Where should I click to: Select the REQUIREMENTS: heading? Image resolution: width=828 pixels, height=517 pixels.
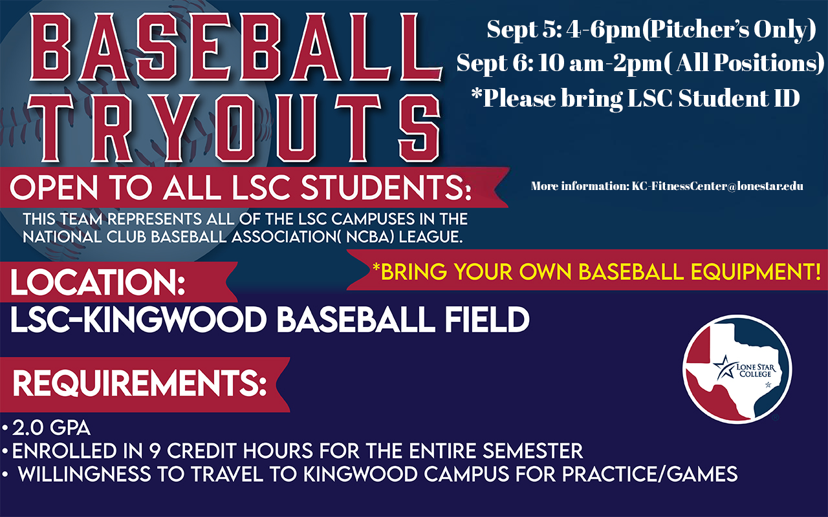[140, 383]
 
